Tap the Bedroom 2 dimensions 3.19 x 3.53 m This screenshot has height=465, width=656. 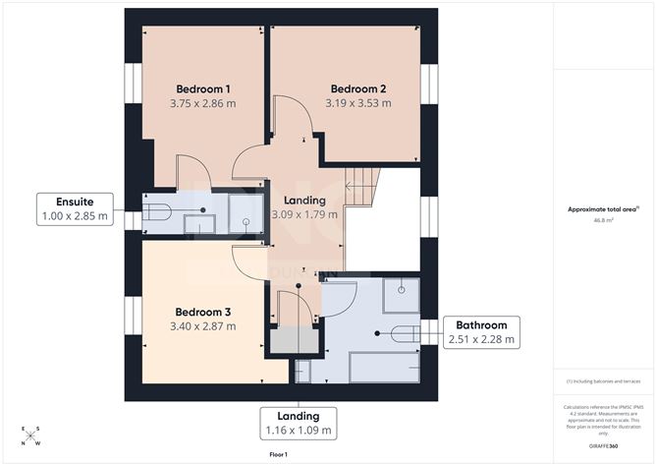[358, 102]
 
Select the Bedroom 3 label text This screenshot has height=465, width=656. [202, 311]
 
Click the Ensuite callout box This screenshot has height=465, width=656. [75, 208]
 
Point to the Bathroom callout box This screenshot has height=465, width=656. [481, 332]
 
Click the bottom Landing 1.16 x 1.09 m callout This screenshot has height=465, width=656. [298, 424]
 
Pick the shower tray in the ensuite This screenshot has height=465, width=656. [246, 212]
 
